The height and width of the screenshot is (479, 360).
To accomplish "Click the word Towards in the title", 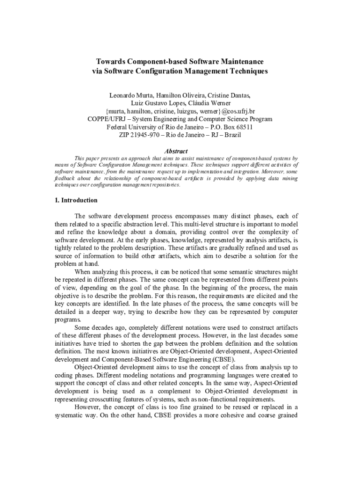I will tap(110, 62).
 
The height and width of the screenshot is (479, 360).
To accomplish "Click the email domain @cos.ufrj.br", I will tap(238, 111).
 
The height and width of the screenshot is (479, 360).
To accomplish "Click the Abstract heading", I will tap(176, 151).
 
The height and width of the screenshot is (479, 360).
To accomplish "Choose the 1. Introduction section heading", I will tap(76, 200).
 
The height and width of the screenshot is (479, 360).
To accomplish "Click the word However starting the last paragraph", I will tap(87, 407).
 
